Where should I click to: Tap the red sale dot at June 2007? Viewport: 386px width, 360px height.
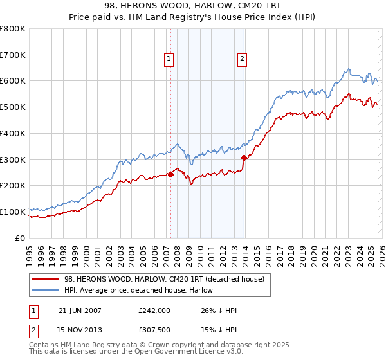(x=170, y=174)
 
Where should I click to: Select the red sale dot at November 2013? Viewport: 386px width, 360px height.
(x=244, y=157)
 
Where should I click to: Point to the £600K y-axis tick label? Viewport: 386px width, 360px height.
(x=13, y=81)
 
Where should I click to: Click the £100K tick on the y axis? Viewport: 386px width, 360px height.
(x=13, y=212)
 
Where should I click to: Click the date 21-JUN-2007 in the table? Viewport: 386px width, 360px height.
(x=80, y=310)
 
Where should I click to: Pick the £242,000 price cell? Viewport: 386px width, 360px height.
(x=154, y=310)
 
